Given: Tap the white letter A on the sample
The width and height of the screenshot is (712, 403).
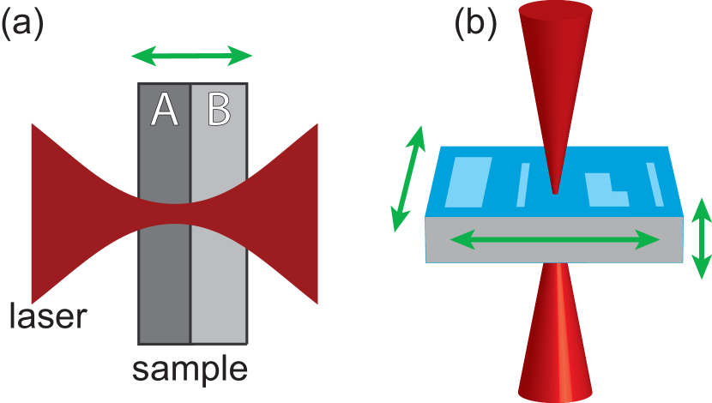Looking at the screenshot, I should click(164, 111).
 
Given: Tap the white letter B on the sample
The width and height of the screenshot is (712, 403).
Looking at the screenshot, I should click(219, 111).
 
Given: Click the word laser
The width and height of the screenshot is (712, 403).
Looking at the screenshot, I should click(48, 316).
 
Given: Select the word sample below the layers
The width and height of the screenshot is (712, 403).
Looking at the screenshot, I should click(190, 370).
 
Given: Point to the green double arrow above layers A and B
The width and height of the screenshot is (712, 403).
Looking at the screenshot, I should click(191, 57).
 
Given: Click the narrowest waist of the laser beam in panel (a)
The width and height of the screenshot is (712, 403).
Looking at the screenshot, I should click(190, 214).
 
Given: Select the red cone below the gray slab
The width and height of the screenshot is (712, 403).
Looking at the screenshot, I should click(556, 343).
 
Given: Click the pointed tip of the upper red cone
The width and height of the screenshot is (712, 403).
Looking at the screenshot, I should click(555, 191).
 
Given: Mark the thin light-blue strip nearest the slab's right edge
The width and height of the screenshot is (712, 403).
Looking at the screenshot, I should click(655, 184).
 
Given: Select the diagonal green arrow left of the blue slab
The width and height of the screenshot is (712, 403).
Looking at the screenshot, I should click(407, 179).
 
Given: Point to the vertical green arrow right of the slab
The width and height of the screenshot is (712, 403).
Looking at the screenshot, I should click(701, 238).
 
